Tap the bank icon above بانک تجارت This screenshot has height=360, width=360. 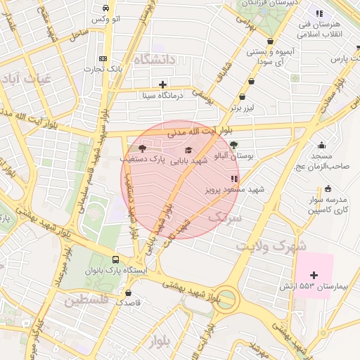pos(103,58)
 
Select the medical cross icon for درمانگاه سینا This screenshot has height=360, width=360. pos(163,84)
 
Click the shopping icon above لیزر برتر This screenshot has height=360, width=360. pos(243,97)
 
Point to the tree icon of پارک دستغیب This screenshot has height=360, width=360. pos(143,149)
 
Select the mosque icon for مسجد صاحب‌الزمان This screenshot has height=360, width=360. pos(322,144)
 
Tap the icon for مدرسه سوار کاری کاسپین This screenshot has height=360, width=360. pos(328,188)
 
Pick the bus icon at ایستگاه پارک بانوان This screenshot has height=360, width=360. pos(115,258)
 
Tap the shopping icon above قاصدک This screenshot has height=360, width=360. pos(129,292)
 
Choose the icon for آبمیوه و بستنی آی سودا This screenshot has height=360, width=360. pos(270,41)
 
